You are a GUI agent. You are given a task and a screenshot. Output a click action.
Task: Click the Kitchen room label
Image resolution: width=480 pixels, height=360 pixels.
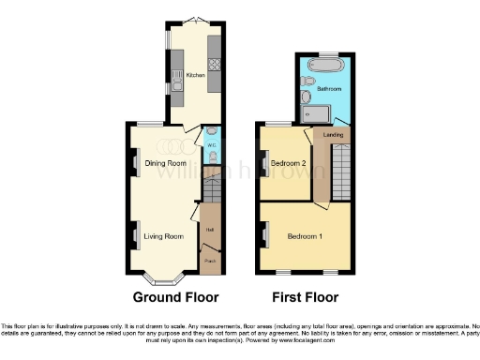[x=195, y=75]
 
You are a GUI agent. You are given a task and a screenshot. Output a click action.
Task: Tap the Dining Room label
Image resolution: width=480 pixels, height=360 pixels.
[x=163, y=163]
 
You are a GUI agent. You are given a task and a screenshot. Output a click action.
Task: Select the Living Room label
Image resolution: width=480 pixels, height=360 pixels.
[x=163, y=236]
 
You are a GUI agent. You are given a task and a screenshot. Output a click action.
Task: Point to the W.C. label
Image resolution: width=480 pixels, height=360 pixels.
[x=211, y=146]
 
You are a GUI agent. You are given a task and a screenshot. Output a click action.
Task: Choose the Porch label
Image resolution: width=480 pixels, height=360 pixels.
[x=211, y=262]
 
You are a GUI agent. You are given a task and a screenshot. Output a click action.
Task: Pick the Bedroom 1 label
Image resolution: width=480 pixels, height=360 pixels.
[x=305, y=235]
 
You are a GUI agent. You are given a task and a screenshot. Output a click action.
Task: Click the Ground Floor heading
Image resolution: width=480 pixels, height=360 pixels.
[x=170, y=298]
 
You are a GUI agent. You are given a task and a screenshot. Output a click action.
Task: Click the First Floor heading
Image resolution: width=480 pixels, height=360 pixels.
[x=305, y=298]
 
